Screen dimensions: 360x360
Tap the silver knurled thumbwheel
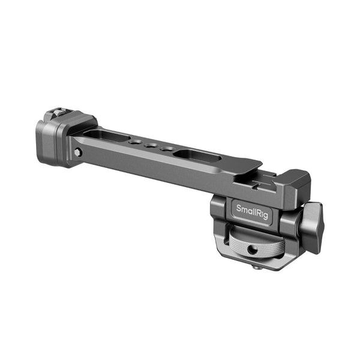[x=245, y=245]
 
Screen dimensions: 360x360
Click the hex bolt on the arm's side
[x=78, y=152]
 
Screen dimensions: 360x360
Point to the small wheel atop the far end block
[x=55, y=113]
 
